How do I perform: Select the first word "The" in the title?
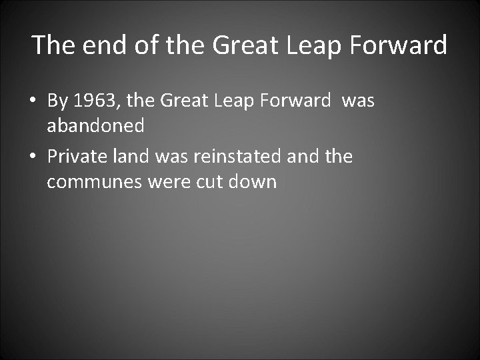click(x=52, y=45)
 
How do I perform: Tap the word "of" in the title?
click(x=141, y=45)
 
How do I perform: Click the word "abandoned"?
click(x=95, y=126)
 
